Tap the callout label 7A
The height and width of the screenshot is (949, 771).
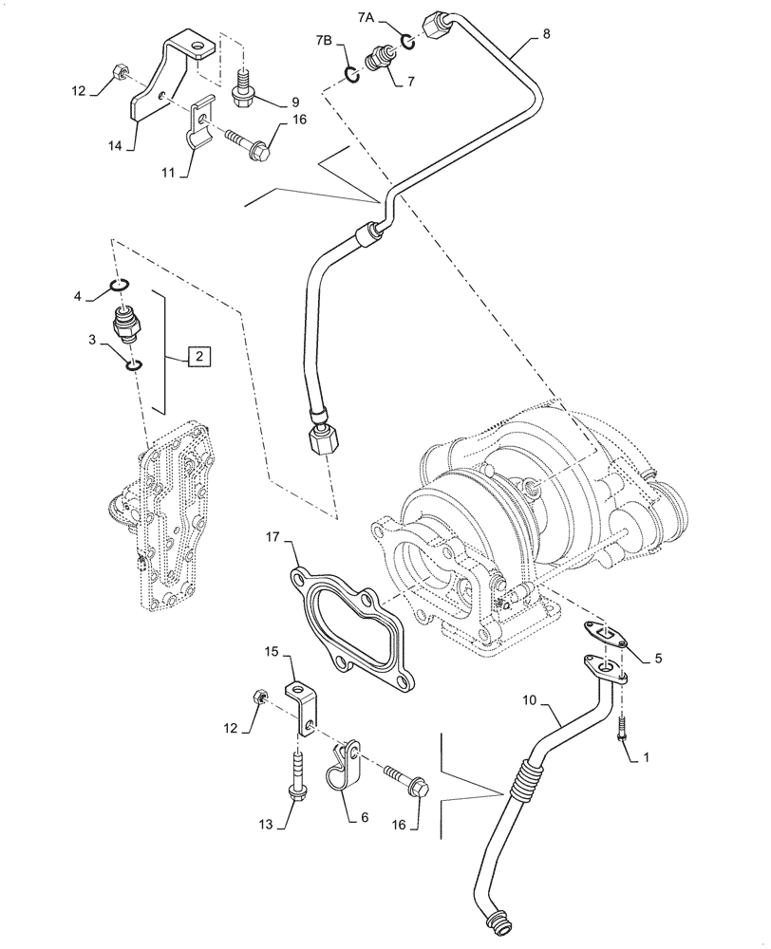point(367,17)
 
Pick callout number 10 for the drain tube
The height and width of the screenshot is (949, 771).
point(530,700)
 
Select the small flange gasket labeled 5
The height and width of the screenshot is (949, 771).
point(601,636)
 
